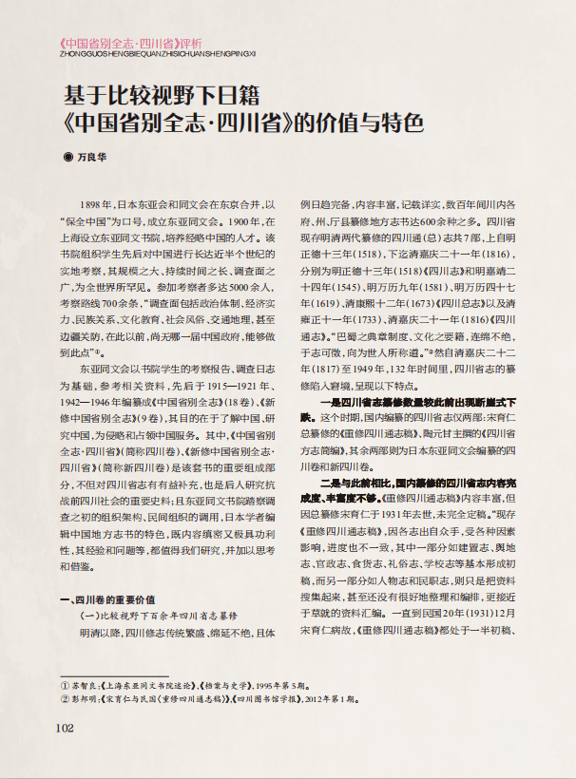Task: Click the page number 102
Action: click(x=65, y=755)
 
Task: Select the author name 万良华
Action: click(x=93, y=156)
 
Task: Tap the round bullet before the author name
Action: click(x=67, y=156)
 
